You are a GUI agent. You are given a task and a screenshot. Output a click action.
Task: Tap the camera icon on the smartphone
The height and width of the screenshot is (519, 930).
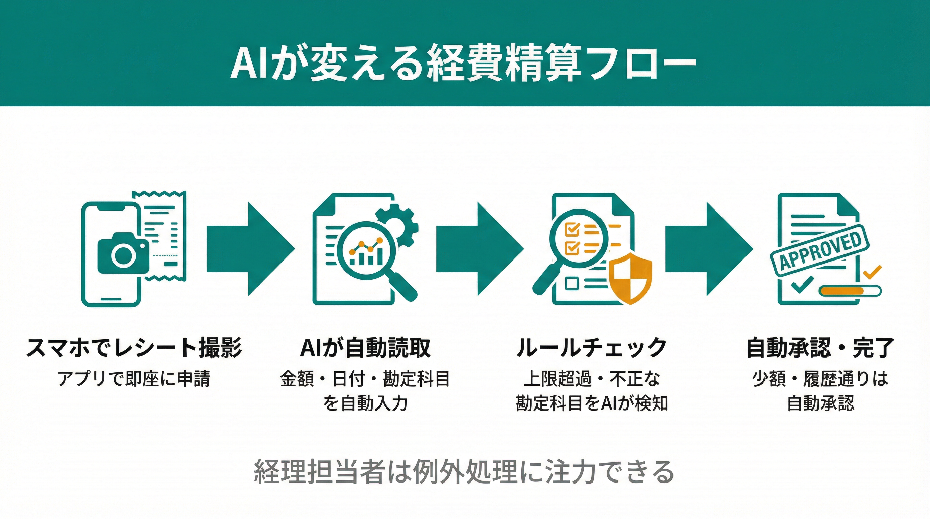pyautogui.click(x=123, y=254)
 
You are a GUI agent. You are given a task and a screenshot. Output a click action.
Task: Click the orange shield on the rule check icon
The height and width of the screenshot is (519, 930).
pyautogui.click(x=630, y=278)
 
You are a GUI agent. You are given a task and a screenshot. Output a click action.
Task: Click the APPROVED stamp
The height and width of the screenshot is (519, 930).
pyautogui.click(x=819, y=251)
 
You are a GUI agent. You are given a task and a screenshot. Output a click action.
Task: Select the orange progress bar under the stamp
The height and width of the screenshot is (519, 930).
pyautogui.click(x=841, y=291)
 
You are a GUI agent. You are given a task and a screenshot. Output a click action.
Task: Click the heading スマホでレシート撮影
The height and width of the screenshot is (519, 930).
pyautogui.click(x=134, y=348)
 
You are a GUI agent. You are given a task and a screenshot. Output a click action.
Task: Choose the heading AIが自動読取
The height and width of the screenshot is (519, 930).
pyautogui.click(x=365, y=348)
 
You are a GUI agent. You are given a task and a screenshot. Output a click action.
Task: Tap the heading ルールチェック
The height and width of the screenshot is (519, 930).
pyautogui.click(x=591, y=348)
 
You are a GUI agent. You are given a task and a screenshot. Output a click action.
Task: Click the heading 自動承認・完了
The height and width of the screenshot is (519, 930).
pyautogui.click(x=820, y=348)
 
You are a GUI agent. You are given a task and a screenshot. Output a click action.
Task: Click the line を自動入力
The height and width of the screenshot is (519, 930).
pyautogui.click(x=365, y=403)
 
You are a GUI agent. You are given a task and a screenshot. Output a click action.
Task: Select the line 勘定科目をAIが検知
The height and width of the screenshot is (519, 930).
pyautogui.click(x=591, y=403)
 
